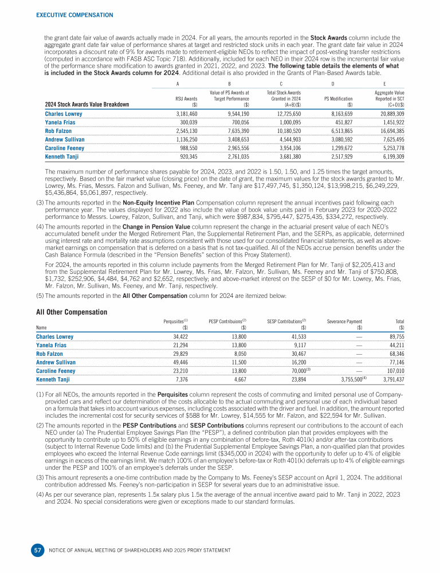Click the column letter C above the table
click(x=284, y=83)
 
